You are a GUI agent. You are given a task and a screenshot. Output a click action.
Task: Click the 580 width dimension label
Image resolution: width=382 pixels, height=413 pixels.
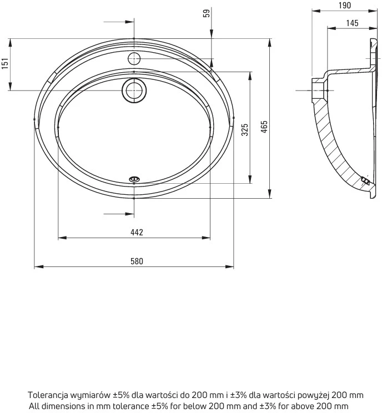coord(137,261)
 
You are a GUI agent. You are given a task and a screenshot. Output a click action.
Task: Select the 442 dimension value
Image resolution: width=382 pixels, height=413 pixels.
coord(137,232)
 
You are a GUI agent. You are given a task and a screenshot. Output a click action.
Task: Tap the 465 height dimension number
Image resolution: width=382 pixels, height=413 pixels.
coord(264,127)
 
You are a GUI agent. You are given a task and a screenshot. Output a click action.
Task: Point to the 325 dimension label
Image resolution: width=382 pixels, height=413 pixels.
coord(245,129)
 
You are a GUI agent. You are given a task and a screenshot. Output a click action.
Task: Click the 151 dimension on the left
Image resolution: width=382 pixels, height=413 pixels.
coord(5,63)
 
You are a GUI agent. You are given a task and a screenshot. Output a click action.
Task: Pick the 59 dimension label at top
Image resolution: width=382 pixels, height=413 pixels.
coord(207,13)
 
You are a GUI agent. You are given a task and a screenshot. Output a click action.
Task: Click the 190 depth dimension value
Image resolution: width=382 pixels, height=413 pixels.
coord(345,5)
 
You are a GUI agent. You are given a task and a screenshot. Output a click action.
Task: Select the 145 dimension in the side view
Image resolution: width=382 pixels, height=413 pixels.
coord(352,23)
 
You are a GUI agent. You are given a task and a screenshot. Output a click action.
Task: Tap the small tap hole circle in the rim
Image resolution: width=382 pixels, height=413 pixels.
coord(134,58)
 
